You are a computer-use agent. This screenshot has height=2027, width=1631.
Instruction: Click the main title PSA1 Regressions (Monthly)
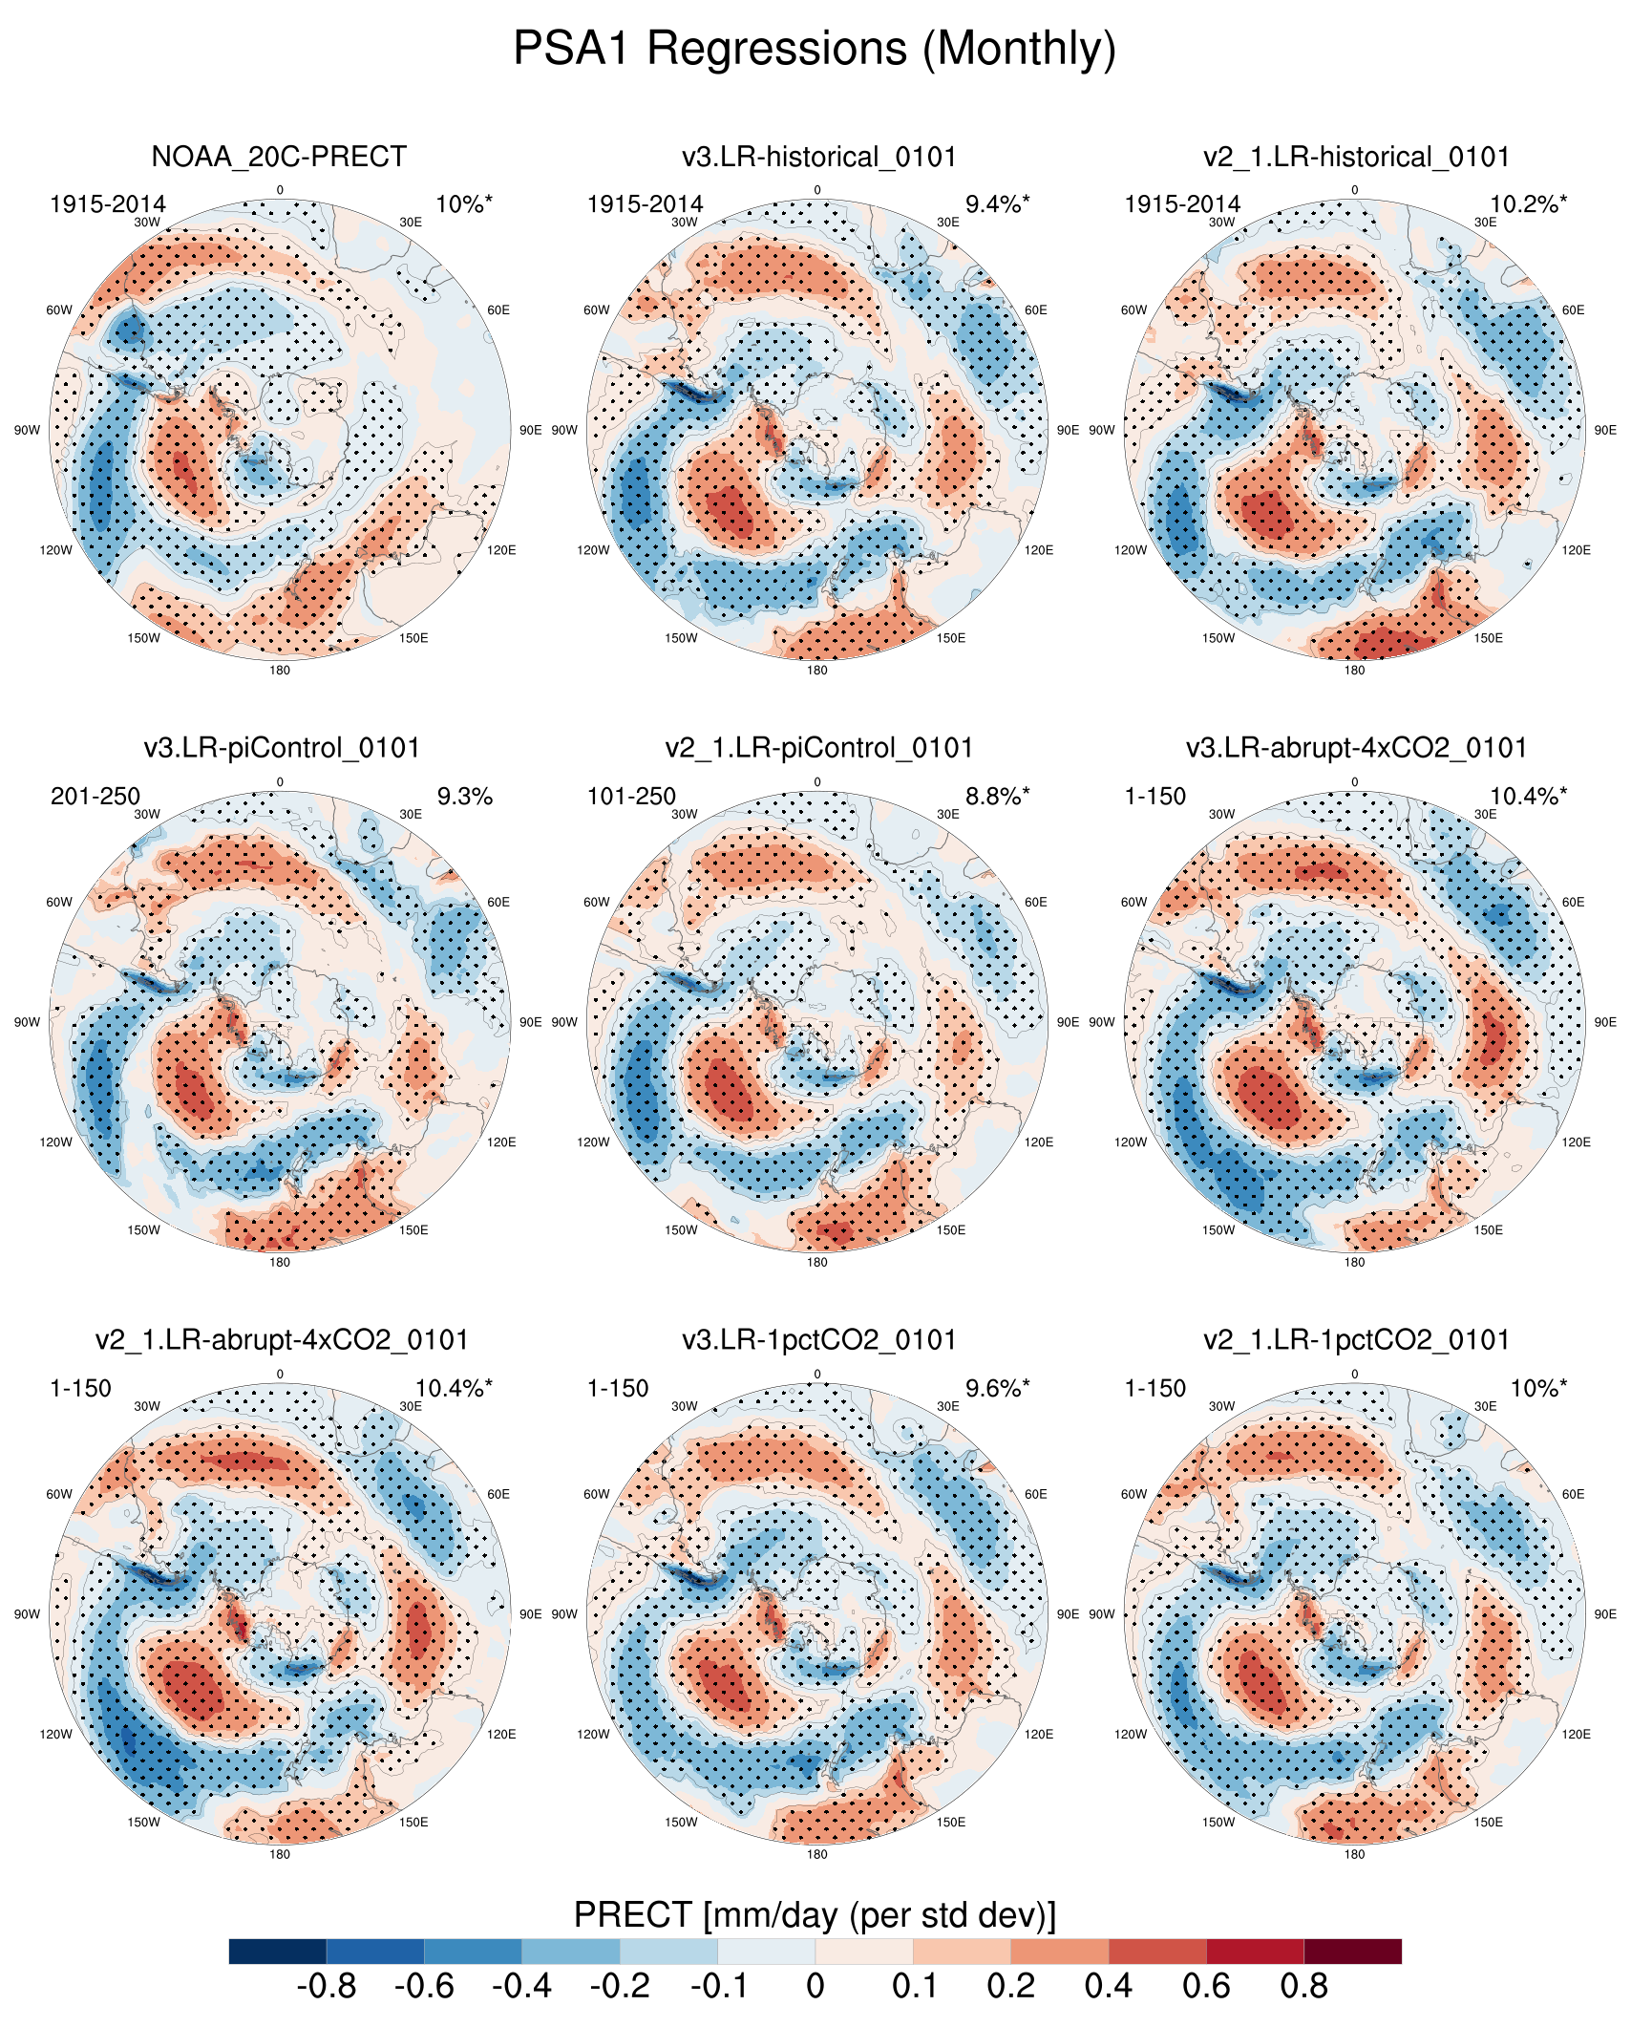click(815, 49)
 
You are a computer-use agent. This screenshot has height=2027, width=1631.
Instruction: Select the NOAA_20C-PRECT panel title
click(279, 157)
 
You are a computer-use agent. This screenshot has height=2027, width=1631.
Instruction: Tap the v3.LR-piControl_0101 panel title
click(282, 748)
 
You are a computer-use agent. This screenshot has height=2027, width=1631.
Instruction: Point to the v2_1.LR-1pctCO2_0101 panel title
click(1356, 1340)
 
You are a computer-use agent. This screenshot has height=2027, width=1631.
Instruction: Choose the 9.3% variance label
click(464, 797)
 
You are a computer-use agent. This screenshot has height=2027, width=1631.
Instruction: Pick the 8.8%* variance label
click(997, 797)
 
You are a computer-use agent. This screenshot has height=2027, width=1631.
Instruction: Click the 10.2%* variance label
click(1528, 204)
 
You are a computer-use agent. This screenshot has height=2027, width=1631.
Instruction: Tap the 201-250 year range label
click(95, 797)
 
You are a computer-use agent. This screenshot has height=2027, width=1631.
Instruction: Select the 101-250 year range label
click(631, 797)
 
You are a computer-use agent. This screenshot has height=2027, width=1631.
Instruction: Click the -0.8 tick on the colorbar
click(327, 1987)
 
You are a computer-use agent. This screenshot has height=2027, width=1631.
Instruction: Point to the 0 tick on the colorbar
click(815, 1987)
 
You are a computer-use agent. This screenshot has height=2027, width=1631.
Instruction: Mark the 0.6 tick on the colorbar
click(1206, 1987)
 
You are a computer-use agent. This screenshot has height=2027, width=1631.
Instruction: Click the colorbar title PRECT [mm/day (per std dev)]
click(815, 1915)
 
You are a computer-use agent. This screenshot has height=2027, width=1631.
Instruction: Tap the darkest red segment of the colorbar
click(1352, 1951)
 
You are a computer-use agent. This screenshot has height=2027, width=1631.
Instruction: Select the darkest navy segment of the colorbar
click(278, 1951)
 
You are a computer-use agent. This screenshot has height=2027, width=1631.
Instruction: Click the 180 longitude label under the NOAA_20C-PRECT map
click(280, 671)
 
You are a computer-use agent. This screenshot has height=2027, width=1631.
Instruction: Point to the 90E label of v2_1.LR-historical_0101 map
click(1605, 431)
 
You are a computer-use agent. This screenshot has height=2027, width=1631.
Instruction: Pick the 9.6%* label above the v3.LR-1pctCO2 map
click(997, 1389)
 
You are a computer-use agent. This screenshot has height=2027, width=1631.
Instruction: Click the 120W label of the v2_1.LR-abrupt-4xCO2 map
click(55, 1735)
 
